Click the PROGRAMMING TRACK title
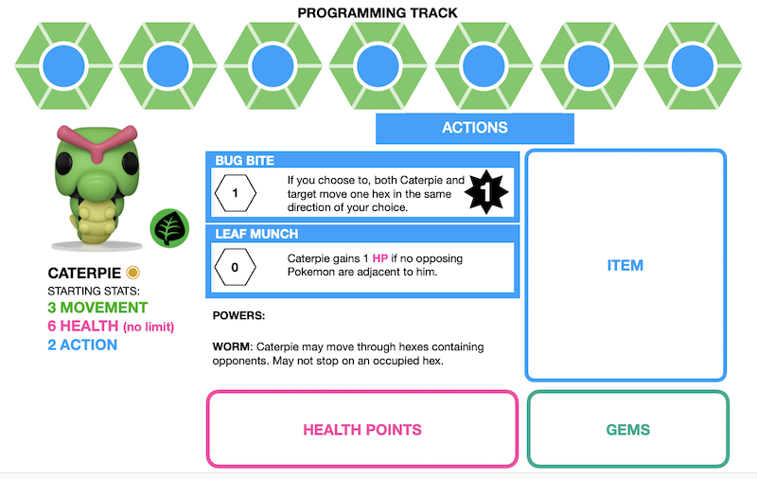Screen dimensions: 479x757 click(378, 13)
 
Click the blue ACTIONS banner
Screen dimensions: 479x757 click(474, 128)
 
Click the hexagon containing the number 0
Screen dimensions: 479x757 click(236, 267)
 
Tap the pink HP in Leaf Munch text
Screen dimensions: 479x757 click(380, 258)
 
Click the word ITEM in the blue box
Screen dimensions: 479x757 click(625, 266)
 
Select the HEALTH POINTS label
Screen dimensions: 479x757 click(361, 430)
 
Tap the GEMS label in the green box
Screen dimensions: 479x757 click(627, 430)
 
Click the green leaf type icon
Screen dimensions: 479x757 click(169, 228)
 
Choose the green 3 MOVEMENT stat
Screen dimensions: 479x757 click(97, 308)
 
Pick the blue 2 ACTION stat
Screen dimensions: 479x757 click(82, 345)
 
